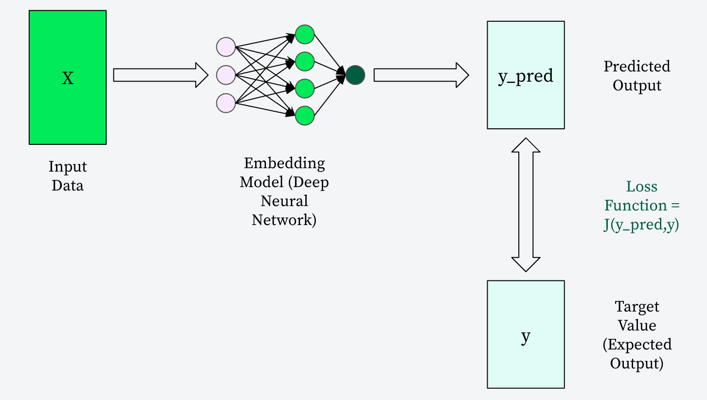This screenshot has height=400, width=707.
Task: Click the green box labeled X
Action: point(68,77)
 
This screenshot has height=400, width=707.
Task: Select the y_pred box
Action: point(526,75)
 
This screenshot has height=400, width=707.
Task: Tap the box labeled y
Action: point(526,334)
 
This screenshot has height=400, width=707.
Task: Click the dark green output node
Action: point(355,75)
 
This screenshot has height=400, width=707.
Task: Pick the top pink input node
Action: point(226,47)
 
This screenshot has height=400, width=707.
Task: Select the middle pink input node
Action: point(226,75)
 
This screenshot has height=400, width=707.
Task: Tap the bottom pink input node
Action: point(226,103)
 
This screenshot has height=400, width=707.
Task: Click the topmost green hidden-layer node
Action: point(305,34)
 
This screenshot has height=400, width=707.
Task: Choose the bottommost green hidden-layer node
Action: point(305,115)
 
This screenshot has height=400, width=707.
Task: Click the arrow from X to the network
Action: point(160,75)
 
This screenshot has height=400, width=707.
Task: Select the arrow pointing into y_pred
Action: point(421,75)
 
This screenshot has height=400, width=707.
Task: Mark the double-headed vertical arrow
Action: point(526,205)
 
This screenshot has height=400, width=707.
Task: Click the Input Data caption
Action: point(68,176)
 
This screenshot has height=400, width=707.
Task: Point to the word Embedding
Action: point(284,163)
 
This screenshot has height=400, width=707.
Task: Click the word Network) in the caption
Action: point(284,220)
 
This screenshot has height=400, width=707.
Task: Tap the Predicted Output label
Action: point(637,76)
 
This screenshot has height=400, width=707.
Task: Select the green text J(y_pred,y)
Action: point(641,225)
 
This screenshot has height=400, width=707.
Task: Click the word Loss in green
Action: point(641,187)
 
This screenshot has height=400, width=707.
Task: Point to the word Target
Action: point(637,307)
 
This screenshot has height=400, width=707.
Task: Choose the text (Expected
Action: point(637,345)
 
